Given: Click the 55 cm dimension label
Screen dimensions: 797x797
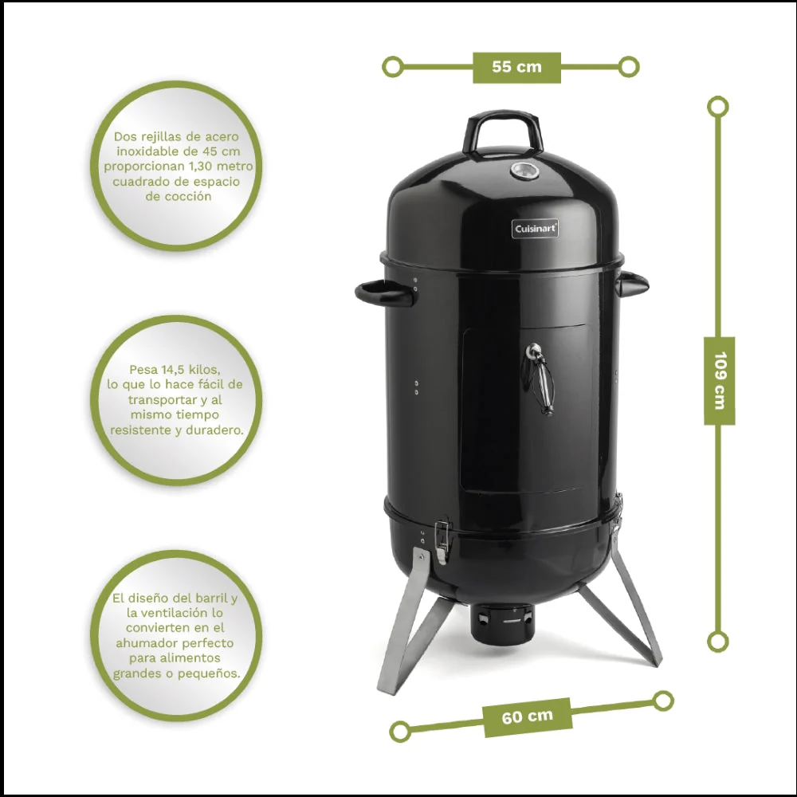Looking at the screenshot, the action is [517, 67].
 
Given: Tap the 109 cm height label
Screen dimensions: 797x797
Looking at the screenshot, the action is [719, 380].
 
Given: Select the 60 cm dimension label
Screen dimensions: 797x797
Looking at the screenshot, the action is [527, 717].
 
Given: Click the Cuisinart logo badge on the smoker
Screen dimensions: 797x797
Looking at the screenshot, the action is [535, 229].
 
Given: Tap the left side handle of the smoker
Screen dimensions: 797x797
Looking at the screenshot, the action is [385, 293].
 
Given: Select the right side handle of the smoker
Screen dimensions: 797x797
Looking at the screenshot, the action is [632, 285].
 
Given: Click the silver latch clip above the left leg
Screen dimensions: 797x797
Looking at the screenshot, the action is [442, 542].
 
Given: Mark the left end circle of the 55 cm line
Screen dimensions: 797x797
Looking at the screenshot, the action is [392, 67].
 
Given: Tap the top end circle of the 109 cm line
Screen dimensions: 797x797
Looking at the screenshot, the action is [718, 107].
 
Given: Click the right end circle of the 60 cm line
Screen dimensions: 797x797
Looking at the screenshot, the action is [663, 701].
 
